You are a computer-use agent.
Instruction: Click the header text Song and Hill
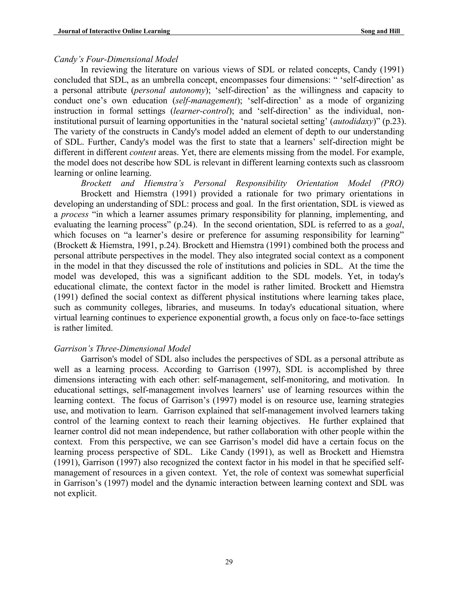tap(380, 31)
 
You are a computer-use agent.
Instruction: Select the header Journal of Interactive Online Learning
tap(114, 31)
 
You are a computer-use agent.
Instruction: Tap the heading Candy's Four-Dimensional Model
tap(116, 59)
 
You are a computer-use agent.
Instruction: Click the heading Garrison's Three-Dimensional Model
tap(122, 348)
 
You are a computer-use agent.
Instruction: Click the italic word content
tap(143, 152)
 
